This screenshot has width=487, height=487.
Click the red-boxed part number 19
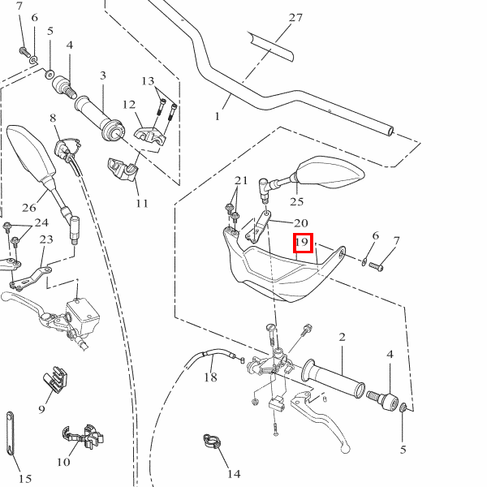(302, 242)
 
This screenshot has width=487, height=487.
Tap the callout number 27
(295, 18)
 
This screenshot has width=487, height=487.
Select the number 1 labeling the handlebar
(218, 116)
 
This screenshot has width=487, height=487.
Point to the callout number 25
(296, 201)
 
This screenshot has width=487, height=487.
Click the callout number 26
(29, 206)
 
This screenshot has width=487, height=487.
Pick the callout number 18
(210, 377)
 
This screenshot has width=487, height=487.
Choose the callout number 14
(234, 473)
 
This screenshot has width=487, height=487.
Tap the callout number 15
(24, 479)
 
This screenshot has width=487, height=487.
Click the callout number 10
(63, 463)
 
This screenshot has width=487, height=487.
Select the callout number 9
(42, 408)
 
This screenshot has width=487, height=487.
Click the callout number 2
(343, 337)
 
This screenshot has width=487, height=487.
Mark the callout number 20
(300, 223)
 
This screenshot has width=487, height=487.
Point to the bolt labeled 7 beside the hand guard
(376, 267)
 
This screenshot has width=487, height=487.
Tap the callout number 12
(129, 104)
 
